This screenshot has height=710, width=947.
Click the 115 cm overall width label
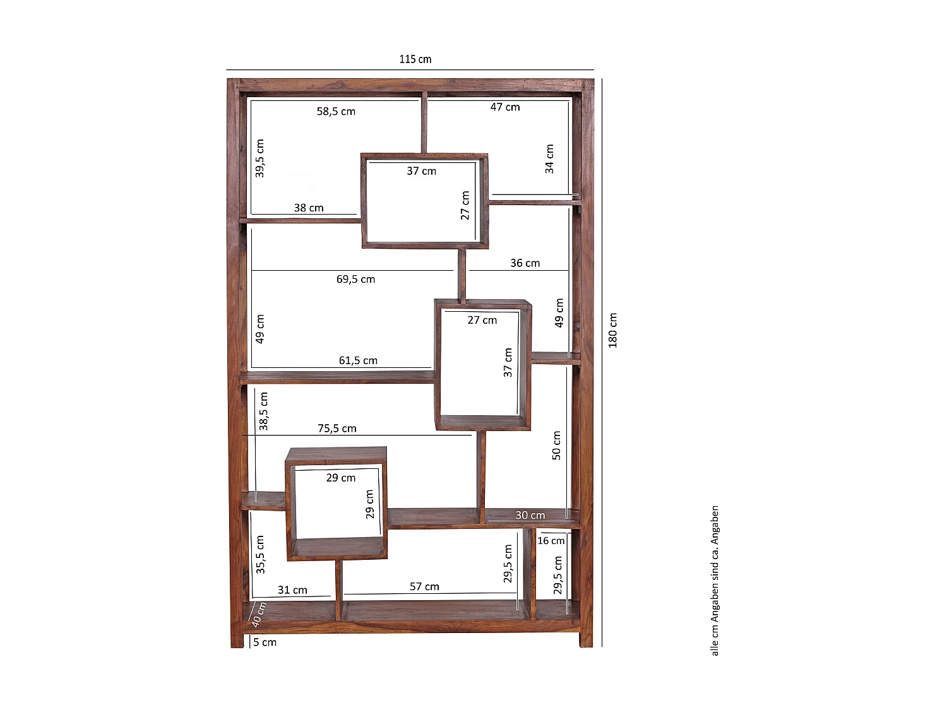click(415, 59)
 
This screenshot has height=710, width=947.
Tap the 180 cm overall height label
click(612, 330)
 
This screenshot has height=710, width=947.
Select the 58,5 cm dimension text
click(336, 112)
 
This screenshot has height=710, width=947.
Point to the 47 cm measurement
click(505, 107)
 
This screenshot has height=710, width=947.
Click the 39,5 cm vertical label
click(259, 158)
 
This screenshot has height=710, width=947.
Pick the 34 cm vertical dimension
click(549, 159)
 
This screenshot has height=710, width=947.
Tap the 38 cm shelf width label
click(309, 208)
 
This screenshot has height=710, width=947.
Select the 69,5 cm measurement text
click(355, 280)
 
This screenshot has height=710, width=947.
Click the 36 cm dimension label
click(525, 263)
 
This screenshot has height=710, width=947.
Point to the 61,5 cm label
click(358, 360)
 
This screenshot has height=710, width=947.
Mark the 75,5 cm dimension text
click(337, 429)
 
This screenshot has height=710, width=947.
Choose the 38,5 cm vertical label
click(263, 411)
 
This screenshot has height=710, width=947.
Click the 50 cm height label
click(557, 446)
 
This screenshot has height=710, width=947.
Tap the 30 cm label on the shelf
click(530, 515)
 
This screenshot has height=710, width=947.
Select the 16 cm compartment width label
click(551, 541)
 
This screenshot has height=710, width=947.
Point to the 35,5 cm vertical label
click(260, 555)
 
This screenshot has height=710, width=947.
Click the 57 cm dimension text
click(424, 587)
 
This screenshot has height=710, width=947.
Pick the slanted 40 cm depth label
click(259, 615)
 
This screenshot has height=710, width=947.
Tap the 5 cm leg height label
click(265, 642)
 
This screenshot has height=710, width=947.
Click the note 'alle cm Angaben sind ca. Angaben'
click(715, 581)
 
